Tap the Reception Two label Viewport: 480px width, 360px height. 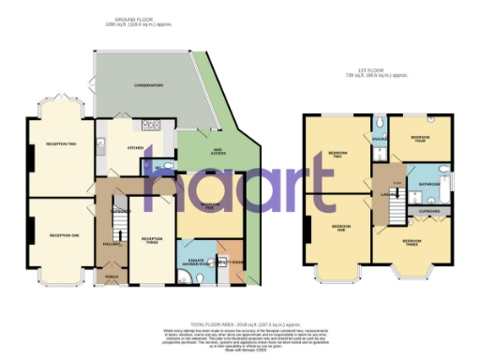(x=61, y=143)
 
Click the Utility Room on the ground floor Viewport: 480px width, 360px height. (x=232, y=262)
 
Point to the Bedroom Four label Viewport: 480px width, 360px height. (x=421, y=138)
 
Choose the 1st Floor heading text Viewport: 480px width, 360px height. (x=377, y=72)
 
